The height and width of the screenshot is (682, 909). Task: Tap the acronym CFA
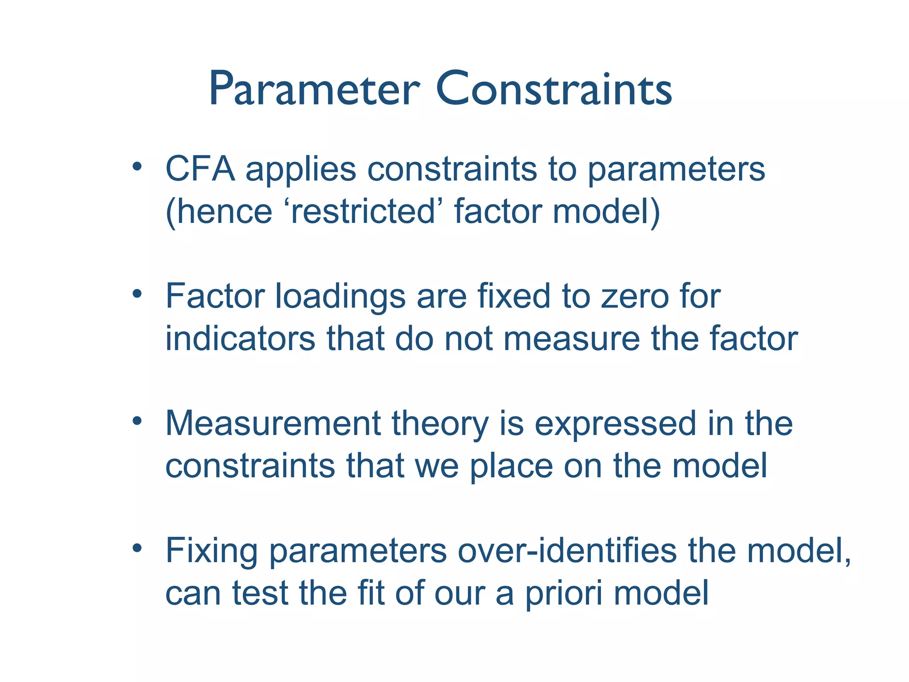(x=200, y=169)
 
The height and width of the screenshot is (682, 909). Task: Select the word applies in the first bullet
(x=301, y=169)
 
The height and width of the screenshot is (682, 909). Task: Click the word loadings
(x=340, y=297)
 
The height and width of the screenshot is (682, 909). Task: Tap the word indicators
(x=240, y=339)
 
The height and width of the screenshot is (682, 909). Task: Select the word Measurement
(x=273, y=424)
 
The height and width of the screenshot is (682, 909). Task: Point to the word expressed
(x=615, y=424)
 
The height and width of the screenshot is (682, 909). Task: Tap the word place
(x=511, y=466)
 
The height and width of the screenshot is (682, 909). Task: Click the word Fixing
(x=211, y=551)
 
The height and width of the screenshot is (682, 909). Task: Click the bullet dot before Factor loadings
(x=137, y=294)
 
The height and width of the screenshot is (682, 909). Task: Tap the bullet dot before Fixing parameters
(x=137, y=548)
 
